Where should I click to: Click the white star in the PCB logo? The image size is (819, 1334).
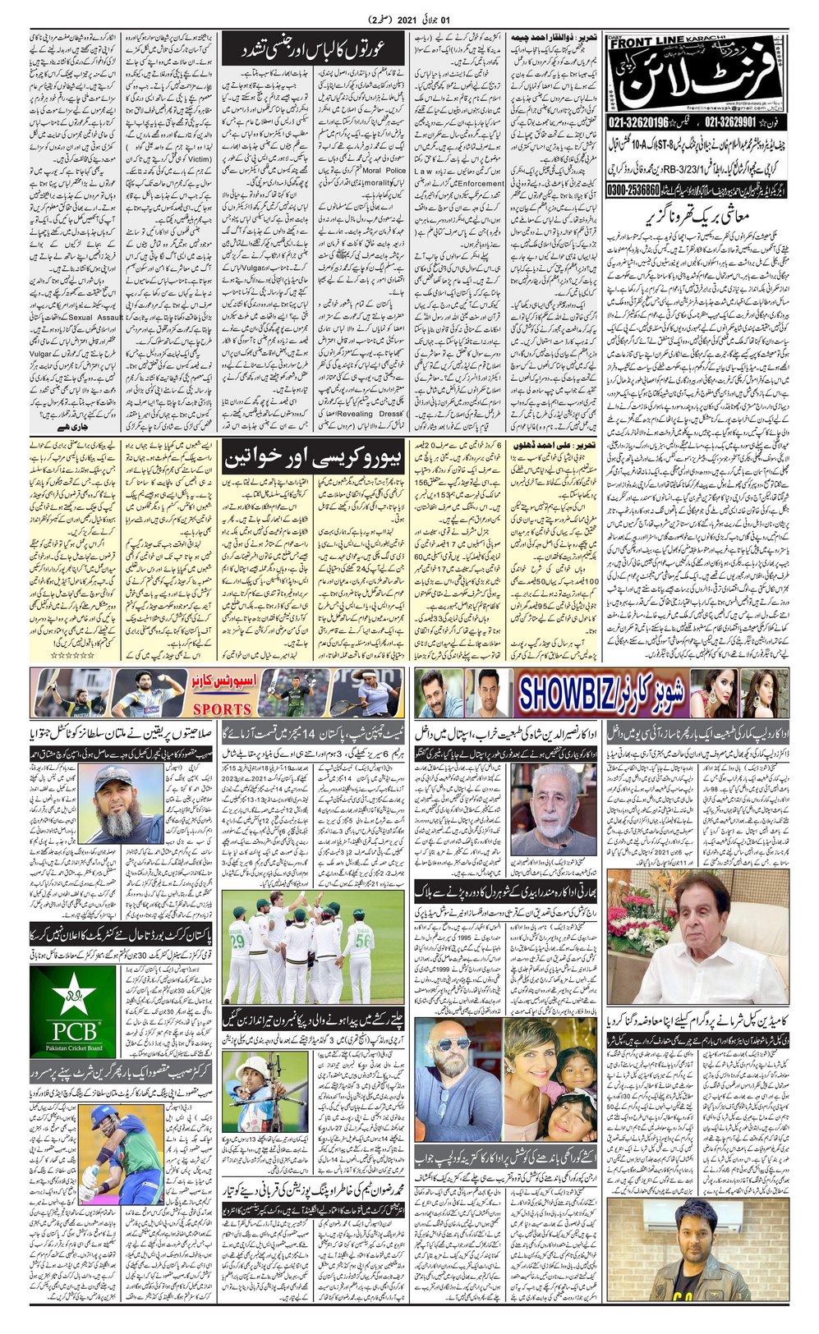[x=74, y=996]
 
